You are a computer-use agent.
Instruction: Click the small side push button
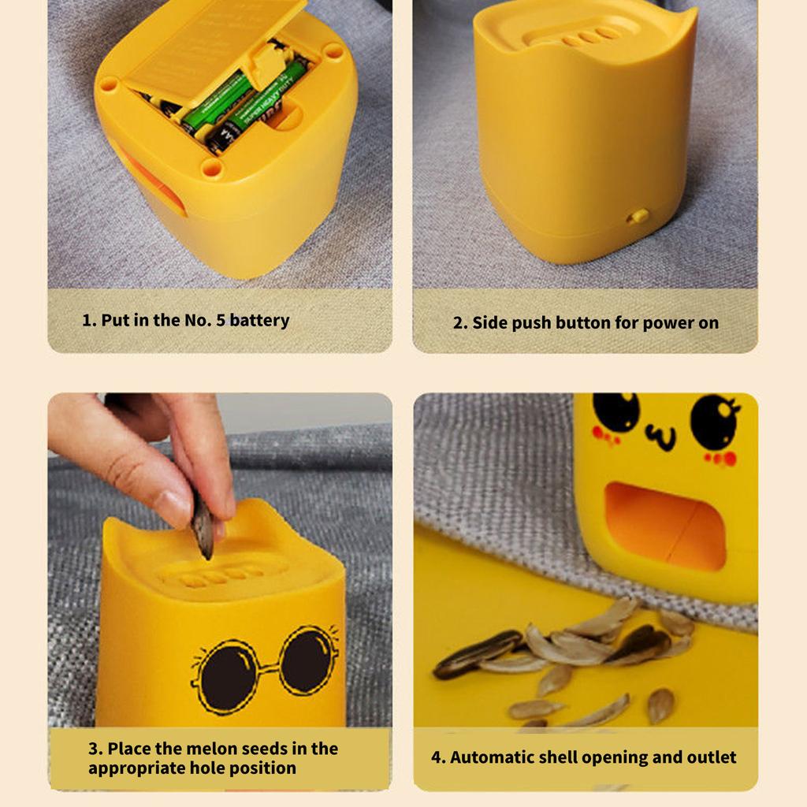(x=638, y=216)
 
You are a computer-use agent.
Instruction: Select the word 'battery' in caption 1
(x=260, y=321)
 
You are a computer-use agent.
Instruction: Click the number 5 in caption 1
(x=221, y=321)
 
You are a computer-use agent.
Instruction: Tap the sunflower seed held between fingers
(x=203, y=526)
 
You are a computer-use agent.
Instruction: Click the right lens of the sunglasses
(x=308, y=659)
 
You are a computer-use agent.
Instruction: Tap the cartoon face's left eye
(x=615, y=411)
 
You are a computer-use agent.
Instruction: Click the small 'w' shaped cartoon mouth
(x=660, y=436)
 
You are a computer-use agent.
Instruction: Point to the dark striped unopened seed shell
(x=477, y=653)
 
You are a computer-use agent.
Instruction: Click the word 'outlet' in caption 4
(x=709, y=758)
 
